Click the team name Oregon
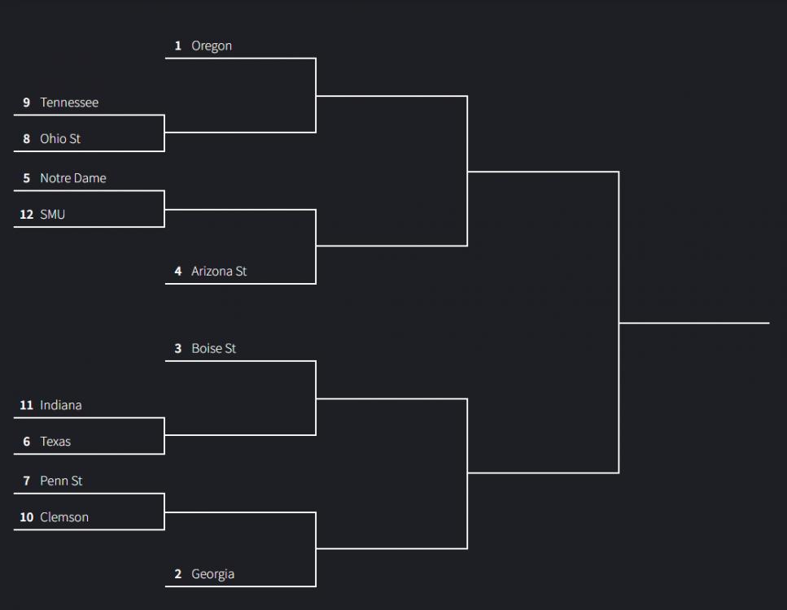[212, 46]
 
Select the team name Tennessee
[69, 102]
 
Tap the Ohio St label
[60, 139]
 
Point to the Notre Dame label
[73, 178]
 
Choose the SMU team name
[53, 215]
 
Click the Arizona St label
[219, 272]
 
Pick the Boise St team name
[214, 349]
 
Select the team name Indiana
[61, 405]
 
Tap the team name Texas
[55, 442]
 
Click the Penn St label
[61, 481]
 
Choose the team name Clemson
[64, 517]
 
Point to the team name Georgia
[212, 574]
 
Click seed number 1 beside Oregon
[177, 46]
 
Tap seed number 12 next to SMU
[27, 215]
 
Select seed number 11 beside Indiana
[27, 405]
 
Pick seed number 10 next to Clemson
[27, 517]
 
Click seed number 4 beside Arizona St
[177, 272]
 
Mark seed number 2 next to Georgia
[177, 574]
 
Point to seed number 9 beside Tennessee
[27, 102]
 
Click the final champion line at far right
[694, 323]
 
